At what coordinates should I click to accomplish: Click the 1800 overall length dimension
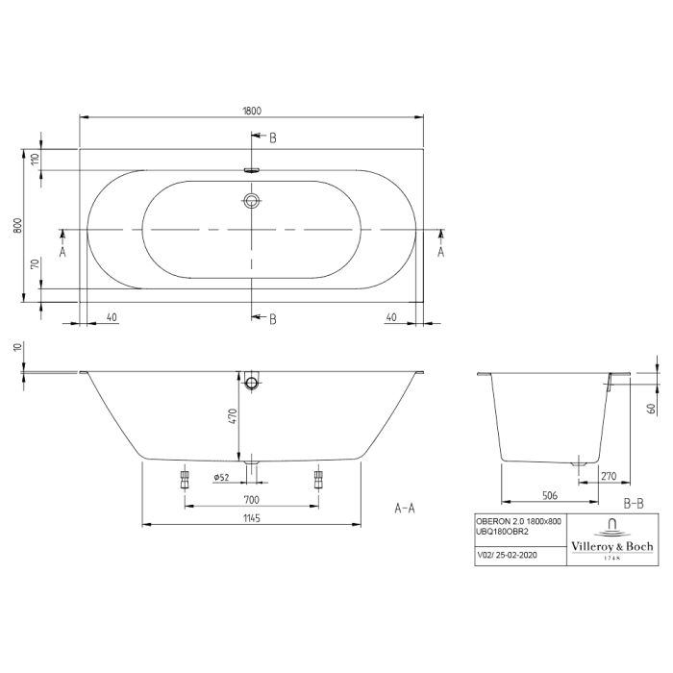(x=252, y=111)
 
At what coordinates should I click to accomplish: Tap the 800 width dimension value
(x=17, y=225)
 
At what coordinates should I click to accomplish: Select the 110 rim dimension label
(x=36, y=160)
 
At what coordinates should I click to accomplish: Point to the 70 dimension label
(x=36, y=263)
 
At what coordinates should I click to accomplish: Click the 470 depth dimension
(x=233, y=416)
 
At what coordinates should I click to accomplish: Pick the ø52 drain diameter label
(x=221, y=477)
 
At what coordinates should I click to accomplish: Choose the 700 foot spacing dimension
(x=252, y=500)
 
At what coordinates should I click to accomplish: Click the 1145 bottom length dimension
(x=252, y=518)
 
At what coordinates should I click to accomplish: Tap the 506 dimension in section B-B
(x=550, y=495)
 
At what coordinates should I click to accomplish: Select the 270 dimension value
(x=609, y=476)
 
